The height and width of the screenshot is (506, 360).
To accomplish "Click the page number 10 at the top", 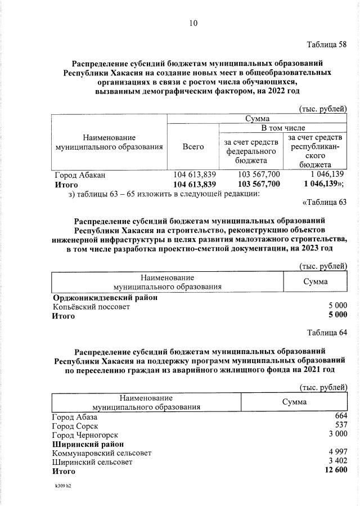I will click(193, 23).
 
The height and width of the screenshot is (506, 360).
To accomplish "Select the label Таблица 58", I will click(327, 44).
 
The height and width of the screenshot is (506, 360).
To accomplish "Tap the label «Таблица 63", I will click(325, 202).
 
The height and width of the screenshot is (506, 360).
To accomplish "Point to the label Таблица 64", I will click(327, 331).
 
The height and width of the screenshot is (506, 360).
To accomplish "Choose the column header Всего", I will click(193, 146).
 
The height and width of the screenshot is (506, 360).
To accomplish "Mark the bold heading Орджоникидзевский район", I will click(105, 298).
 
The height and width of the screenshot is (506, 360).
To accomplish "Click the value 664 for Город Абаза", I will click(340, 417).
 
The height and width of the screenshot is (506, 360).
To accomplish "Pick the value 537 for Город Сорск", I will click(340, 426).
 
